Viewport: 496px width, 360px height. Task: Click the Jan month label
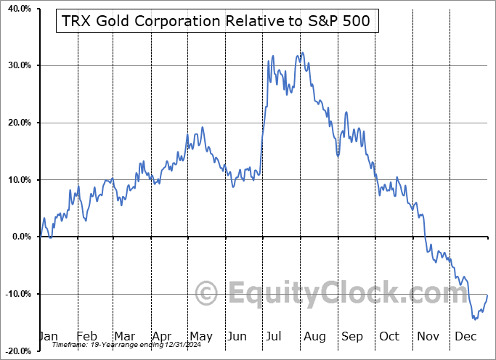(x=48, y=336)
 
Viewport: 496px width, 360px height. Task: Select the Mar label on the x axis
(x=124, y=336)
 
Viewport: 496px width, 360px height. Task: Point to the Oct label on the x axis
(x=389, y=336)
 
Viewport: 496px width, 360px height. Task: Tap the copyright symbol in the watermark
(x=207, y=293)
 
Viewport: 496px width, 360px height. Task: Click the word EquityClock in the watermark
(x=320, y=294)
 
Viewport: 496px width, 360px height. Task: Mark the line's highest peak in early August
(x=301, y=53)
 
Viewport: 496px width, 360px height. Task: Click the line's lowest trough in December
(x=474, y=319)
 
